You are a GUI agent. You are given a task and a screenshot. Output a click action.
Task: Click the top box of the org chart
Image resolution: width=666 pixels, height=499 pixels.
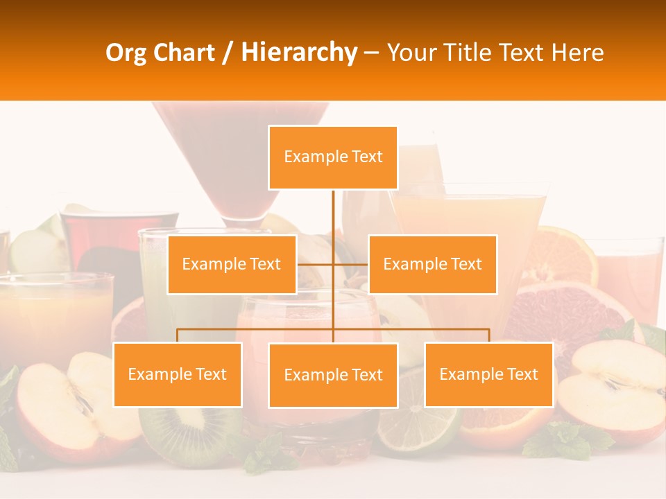click(333, 157)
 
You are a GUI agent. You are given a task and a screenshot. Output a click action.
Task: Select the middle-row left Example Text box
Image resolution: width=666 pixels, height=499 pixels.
click(232, 264)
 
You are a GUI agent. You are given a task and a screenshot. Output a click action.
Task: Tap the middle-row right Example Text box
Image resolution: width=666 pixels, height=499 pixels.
click(432, 264)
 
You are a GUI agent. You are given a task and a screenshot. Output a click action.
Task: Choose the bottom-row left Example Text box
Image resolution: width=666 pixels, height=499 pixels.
click(178, 374)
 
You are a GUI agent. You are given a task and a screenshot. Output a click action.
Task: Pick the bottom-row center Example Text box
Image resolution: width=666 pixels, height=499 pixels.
click(333, 375)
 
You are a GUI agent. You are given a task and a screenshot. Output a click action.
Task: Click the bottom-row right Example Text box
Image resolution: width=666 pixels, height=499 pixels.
click(488, 374)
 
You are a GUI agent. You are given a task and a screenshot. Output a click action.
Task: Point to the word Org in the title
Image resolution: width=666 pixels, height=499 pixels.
click(127, 53)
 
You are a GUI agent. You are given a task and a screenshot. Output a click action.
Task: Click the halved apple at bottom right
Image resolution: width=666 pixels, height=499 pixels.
click(610, 388)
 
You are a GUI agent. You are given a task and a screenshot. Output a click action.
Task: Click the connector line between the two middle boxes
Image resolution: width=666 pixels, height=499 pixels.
click(333, 264)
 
